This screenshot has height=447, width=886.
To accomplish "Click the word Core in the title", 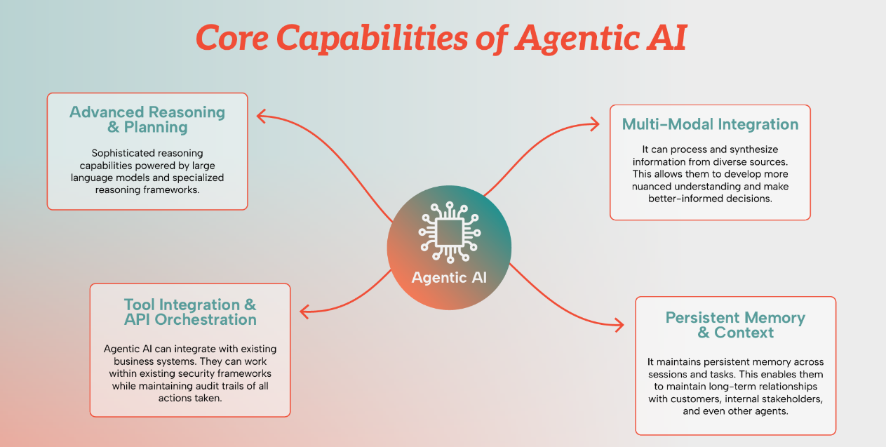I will click(232, 37).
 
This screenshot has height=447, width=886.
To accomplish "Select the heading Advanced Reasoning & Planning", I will click(147, 119).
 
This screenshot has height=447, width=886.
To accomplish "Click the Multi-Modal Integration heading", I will click(710, 124).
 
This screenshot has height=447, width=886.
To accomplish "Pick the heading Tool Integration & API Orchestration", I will click(190, 312).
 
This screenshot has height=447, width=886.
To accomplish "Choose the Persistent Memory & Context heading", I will click(735, 325).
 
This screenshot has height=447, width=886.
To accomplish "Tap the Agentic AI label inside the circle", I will click(449, 277).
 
